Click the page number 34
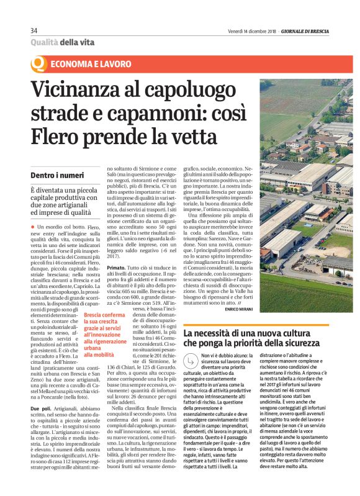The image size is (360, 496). click(x=34, y=31)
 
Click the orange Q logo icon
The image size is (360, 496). click(x=38, y=64)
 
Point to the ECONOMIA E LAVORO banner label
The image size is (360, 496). click(x=91, y=64)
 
